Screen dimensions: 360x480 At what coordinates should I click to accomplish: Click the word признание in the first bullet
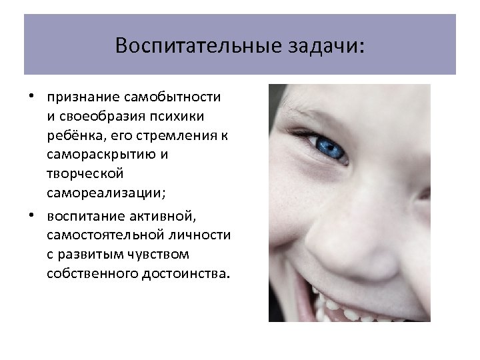(79, 97)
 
